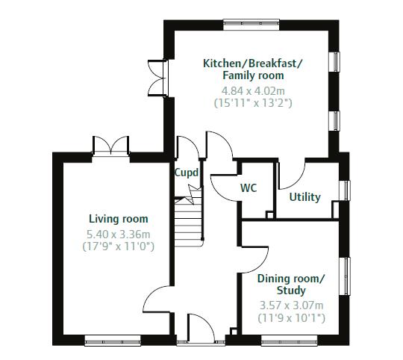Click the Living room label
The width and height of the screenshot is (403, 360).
pos(118,219)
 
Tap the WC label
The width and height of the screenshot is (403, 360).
pos(249,188)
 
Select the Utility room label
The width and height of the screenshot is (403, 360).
pos(304,197)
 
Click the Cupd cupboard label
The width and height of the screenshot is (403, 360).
pos(187,173)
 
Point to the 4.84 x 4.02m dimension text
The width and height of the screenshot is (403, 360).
pos(253,89)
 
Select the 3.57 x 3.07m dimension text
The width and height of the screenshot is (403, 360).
pos(291,305)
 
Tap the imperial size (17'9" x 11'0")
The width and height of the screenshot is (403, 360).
pos(119,246)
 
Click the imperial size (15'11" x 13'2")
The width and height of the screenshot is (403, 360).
pos(253,102)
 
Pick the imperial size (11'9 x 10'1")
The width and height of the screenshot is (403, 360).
pos(291,318)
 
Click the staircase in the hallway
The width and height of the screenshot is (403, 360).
pos(189,220)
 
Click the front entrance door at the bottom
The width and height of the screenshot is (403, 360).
pos(198,329)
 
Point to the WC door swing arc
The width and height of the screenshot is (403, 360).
pos(222,183)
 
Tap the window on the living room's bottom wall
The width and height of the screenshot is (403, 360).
pos(113,342)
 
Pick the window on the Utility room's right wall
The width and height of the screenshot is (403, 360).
pos(346,190)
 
